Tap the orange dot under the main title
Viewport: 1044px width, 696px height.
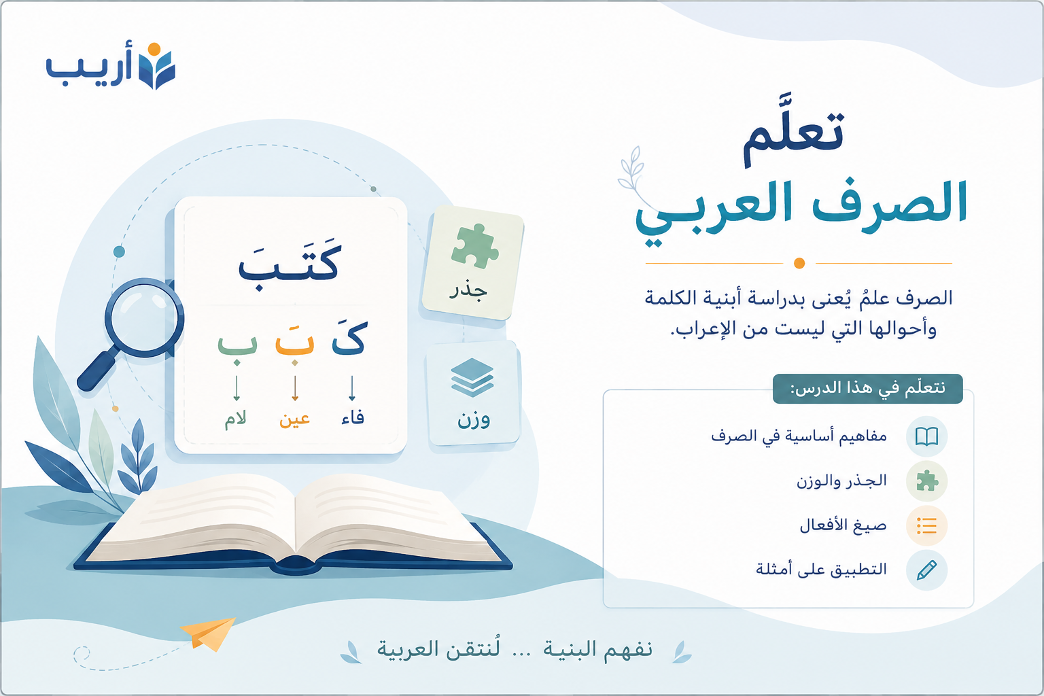tap(799, 264)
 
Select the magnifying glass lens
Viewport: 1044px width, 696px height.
tap(144, 318)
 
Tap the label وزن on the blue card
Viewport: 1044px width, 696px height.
tap(474, 419)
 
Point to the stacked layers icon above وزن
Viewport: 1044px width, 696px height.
tap(472, 377)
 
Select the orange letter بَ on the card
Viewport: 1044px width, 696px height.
tap(294, 342)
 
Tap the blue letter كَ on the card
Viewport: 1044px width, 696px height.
tap(350, 337)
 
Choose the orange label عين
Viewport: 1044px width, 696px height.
tap(294, 419)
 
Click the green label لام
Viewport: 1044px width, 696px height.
tap(235, 419)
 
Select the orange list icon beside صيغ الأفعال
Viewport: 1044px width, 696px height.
tap(926, 525)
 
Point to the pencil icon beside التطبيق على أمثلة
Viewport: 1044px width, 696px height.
tap(926, 570)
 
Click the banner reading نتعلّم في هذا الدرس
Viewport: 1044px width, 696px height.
tap(867, 388)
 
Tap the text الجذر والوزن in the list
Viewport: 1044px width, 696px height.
tap(841, 481)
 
